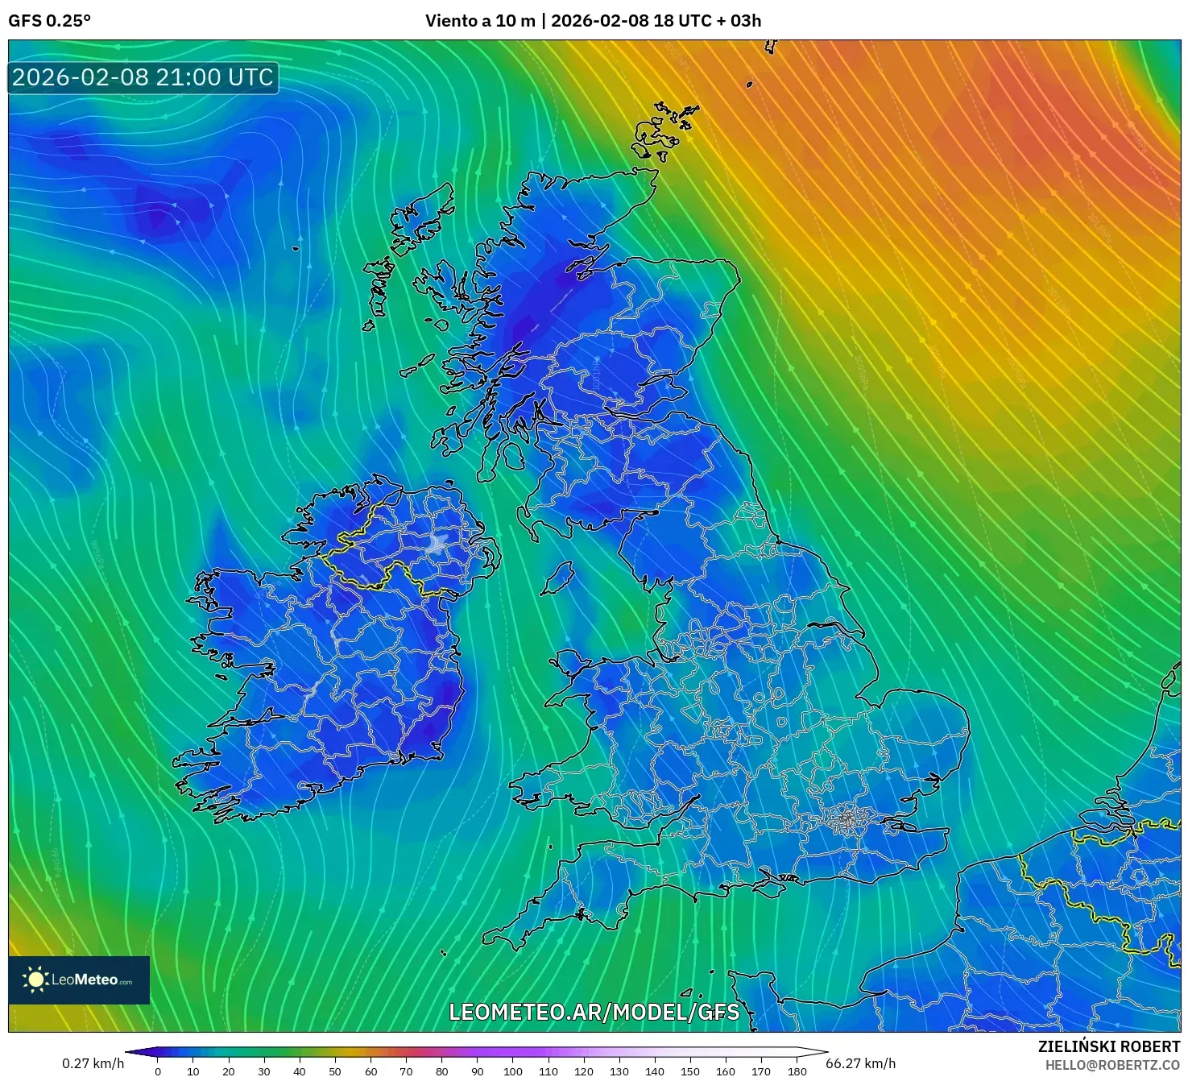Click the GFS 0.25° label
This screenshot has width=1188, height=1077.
(50, 21)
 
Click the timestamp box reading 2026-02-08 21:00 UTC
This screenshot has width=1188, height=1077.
(143, 77)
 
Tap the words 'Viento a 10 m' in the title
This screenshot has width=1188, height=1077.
(480, 21)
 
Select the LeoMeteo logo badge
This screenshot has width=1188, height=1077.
(79, 980)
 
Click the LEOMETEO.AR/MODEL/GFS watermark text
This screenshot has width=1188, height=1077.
(594, 1012)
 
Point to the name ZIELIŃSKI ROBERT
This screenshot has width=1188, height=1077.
(1109, 1046)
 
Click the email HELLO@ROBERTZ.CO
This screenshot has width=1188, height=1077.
(1112, 1065)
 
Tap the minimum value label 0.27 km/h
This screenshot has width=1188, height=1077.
(93, 1063)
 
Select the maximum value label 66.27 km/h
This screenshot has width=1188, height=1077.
(861, 1063)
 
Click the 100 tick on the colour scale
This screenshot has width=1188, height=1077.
(513, 1071)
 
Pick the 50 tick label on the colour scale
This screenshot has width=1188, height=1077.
(335, 1071)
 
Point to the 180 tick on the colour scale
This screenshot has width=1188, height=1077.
(797, 1071)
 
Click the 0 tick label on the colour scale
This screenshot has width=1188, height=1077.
(158, 1071)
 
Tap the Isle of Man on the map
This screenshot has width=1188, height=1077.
(558, 578)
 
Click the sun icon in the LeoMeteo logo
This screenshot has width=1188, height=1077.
(35, 980)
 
